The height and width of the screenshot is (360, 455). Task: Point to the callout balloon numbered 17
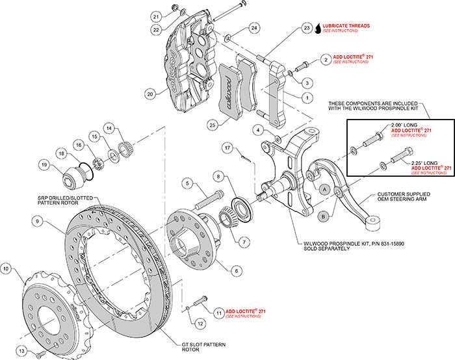coord(227,148)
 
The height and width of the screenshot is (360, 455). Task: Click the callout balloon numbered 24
coord(254,27)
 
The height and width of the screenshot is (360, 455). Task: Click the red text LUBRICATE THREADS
coord(346,26)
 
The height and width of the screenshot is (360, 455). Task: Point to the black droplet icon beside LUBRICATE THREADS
coord(318,28)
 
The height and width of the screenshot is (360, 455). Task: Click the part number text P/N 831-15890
coord(370,244)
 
